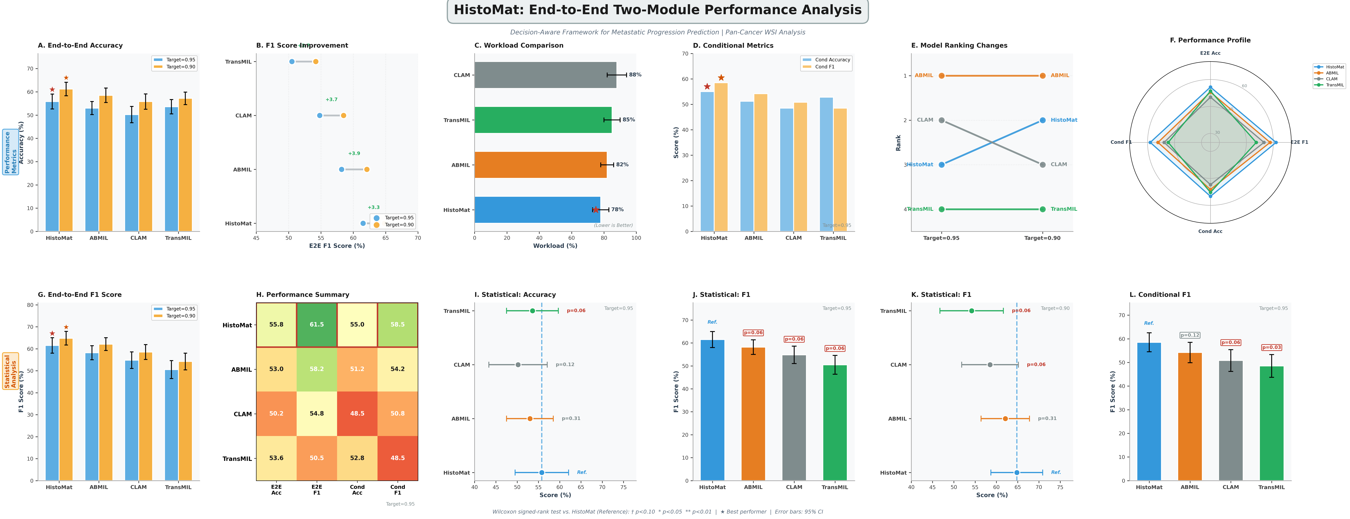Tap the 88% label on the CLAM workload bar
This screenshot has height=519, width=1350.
[635, 75]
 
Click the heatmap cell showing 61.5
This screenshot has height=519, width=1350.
[317, 325]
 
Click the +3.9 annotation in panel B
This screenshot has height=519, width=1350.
[354, 154]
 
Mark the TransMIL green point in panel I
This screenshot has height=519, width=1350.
[533, 311]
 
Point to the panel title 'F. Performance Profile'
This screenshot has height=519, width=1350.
[1210, 40]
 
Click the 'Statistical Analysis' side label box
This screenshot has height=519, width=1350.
[11, 371]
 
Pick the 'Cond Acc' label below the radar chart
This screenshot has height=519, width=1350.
[1210, 231]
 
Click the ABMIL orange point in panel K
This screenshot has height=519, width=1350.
[1005, 418]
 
